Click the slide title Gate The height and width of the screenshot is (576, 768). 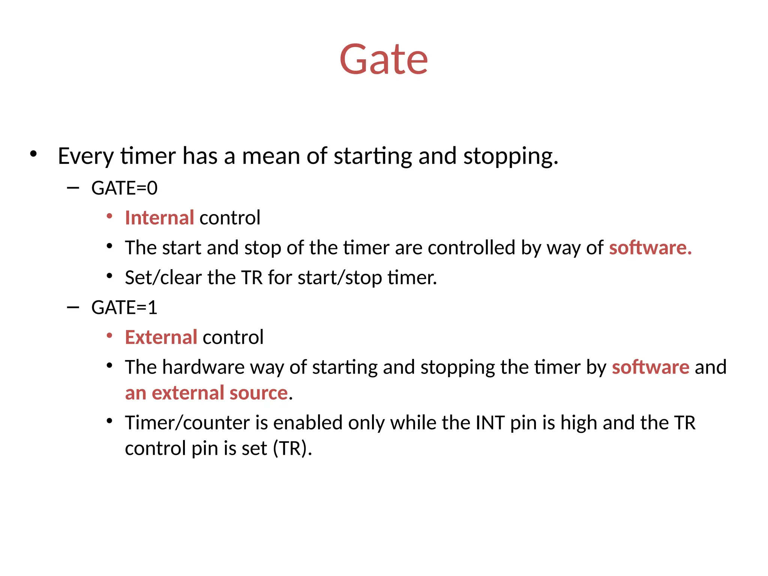(383, 59)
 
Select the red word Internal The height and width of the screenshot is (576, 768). (159, 218)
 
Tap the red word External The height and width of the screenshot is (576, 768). (161, 337)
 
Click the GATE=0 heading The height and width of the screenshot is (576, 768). (124, 188)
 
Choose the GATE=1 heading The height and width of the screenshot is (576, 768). (124, 307)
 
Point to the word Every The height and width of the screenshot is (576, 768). (85, 156)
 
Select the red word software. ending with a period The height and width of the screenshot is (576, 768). (650, 248)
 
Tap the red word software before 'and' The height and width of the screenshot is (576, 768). (650, 367)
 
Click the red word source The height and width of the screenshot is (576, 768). (258, 393)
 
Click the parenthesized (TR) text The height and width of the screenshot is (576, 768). (290, 448)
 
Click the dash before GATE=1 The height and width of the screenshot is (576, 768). (73, 307)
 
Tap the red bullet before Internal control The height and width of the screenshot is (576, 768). (109, 216)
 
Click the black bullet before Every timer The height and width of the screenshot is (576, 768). (34, 154)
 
